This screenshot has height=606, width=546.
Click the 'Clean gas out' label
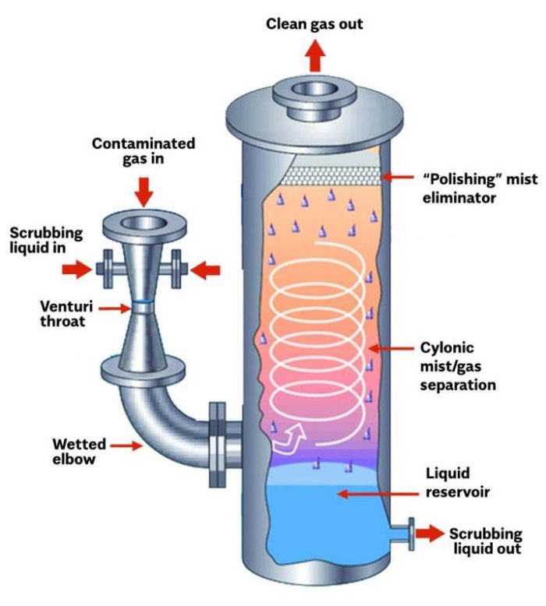[314, 24]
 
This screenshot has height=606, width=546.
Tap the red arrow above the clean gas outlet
[315, 56]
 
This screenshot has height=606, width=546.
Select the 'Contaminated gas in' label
[144, 152]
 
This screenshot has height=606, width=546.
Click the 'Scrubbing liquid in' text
[45, 241]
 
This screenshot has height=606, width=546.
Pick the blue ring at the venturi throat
[143, 302]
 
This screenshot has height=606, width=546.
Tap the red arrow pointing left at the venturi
[205, 270]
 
